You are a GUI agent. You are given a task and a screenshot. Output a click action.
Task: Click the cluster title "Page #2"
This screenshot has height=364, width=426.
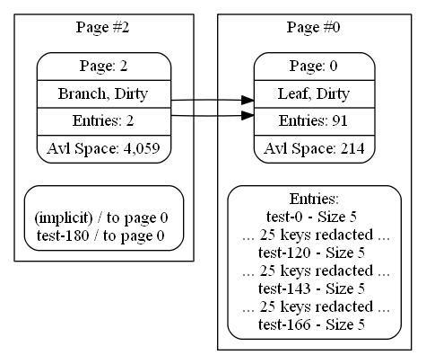click(x=102, y=27)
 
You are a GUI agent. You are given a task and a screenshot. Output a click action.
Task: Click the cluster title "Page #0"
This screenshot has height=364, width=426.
click(x=313, y=27)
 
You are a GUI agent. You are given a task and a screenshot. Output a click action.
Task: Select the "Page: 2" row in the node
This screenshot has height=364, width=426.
click(x=103, y=66)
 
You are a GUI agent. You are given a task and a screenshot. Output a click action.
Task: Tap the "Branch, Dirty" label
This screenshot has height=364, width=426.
click(x=103, y=93)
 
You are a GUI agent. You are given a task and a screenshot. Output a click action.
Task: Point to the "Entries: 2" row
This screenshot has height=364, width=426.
click(x=103, y=121)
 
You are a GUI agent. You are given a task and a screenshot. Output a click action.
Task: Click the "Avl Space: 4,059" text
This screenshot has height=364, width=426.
click(x=103, y=148)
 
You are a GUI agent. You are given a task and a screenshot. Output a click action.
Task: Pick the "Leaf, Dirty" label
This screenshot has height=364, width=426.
click(x=314, y=93)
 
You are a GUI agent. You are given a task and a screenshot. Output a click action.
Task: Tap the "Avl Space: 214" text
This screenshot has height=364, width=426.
click(x=314, y=148)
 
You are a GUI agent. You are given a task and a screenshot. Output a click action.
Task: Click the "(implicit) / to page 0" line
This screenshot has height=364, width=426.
click(x=101, y=218)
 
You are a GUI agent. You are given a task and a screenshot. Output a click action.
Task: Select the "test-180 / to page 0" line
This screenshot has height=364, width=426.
click(x=100, y=235)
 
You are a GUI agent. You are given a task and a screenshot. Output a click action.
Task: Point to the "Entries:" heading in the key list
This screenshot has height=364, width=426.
click(x=314, y=199)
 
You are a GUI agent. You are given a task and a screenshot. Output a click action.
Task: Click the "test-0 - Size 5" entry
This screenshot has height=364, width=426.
click(x=311, y=217)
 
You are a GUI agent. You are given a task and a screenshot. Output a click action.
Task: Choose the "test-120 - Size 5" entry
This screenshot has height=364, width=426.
click(x=311, y=253)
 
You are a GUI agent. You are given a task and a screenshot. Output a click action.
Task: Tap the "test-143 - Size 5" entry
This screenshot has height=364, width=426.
click(x=311, y=289)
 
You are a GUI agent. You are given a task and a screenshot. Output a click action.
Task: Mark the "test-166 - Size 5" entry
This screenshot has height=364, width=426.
click(x=311, y=324)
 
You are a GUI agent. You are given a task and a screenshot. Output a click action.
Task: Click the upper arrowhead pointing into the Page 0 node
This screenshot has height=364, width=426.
click(x=248, y=101)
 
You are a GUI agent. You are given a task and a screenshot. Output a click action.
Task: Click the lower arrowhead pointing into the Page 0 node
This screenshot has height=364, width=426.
click(x=248, y=115)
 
